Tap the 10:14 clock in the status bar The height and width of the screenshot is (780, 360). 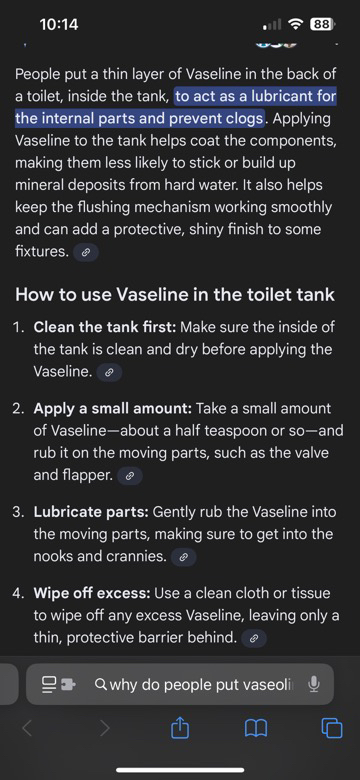point(59,24)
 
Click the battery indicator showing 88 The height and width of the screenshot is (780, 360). point(323,24)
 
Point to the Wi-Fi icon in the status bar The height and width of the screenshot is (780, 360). point(297,24)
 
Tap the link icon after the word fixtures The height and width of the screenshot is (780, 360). point(86,252)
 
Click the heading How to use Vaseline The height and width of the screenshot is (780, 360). point(175,294)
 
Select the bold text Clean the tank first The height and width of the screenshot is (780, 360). point(105,327)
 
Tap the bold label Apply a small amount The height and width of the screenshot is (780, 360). point(113,409)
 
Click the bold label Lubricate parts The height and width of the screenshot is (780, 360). point(91,512)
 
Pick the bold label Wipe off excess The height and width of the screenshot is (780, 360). point(92,593)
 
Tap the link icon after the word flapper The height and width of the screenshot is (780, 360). point(130,476)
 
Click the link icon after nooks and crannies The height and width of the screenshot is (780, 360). point(183,558)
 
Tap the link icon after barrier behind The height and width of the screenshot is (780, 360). point(254,639)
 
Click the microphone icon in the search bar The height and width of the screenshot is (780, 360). point(313,684)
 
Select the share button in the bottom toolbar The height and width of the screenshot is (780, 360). point(180,728)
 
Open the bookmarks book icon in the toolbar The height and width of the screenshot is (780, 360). point(256,729)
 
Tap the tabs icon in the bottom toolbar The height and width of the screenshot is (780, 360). point(332,729)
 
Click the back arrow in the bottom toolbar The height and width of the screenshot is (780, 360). point(27,729)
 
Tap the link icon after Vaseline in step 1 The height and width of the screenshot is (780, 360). point(109,372)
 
